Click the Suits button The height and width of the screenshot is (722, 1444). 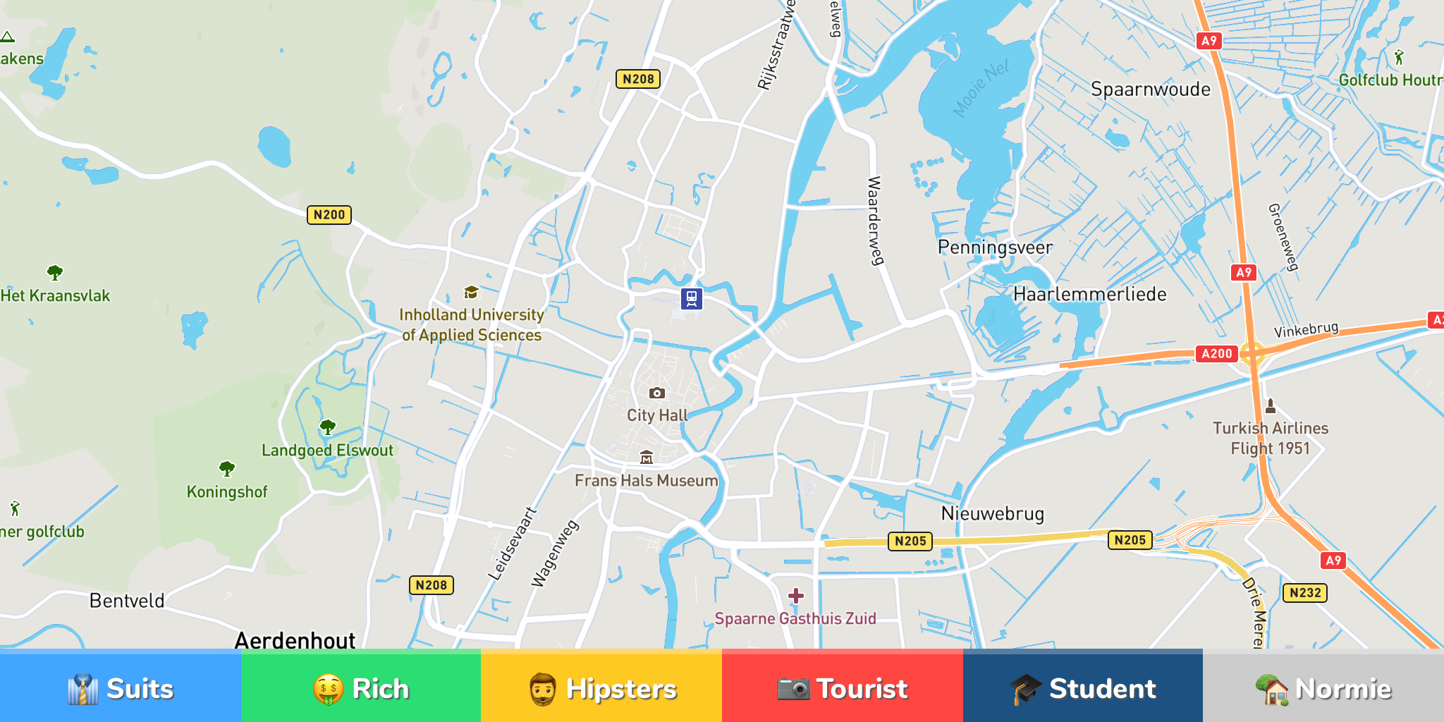click(x=120, y=688)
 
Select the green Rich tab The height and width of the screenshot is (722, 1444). click(x=360, y=688)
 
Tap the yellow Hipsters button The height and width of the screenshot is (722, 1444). click(x=601, y=688)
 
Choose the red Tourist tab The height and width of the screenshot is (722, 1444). click(x=842, y=688)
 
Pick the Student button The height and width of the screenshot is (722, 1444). click(x=1083, y=688)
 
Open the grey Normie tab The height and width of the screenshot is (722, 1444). click(x=1323, y=688)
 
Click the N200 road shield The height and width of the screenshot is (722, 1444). click(x=329, y=214)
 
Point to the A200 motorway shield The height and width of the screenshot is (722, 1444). click(x=1216, y=353)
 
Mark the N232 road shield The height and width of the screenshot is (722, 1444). click(x=1304, y=592)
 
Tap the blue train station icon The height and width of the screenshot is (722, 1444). click(x=692, y=298)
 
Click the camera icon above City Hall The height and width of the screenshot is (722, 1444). click(x=656, y=393)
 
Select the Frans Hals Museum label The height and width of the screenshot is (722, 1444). click(x=646, y=480)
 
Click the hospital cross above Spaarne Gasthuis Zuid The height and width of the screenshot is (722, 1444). click(x=796, y=596)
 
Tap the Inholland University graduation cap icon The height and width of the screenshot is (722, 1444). click(x=471, y=292)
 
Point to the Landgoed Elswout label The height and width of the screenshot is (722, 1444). click(x=327, y=450)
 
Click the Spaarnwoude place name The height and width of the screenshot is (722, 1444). click(x=1150, y=89)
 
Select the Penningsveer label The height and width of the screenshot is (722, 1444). click(x=995, y=247)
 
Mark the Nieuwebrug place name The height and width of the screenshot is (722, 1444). click(x=992, y=513)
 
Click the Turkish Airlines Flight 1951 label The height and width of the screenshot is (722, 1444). click(x=1270, y=438)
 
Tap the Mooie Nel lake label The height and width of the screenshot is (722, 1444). click(x=981, y=88)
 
